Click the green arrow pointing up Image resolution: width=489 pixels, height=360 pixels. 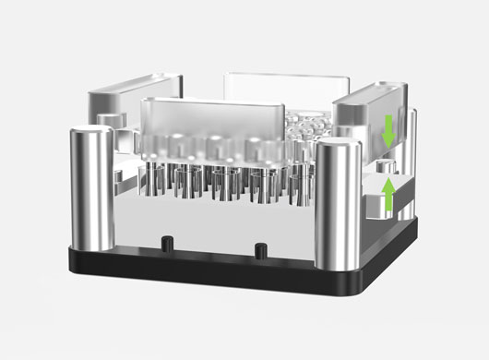tap(389, 195)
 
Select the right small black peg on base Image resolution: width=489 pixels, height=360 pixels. tap(260, 248)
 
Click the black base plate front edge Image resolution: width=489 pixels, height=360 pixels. tap(212, 272)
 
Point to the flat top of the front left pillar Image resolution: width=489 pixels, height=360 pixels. tap(91, 130)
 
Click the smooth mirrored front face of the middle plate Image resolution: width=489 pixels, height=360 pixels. tap(212, 222)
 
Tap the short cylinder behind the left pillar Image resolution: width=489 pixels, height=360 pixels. tap(109, 121)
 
